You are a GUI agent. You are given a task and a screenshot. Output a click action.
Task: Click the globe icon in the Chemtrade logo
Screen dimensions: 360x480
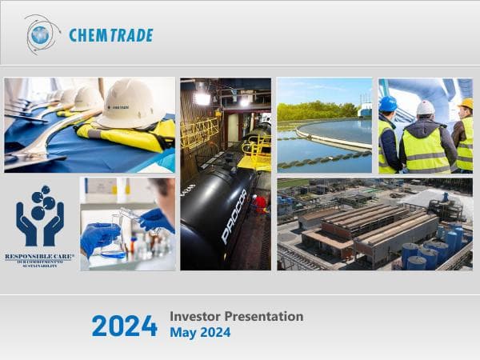[x=40, y=34]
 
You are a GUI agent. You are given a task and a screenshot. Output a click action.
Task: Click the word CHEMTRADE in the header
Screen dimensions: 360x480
[x=110, y=35]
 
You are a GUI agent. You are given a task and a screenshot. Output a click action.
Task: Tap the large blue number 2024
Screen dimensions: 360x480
[x=124, y=326]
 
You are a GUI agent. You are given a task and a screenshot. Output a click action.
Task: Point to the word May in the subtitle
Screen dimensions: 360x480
[x=181, y=333]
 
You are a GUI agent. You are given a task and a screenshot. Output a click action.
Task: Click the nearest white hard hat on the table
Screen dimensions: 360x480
[x=131, y=104]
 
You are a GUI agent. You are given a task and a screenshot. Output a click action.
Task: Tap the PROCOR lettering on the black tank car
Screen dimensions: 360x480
[x=234, y=216]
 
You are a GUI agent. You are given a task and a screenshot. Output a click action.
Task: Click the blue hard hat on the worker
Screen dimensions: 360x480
[x=388, y=104]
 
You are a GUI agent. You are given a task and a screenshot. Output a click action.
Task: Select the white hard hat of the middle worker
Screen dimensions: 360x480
[x=426, y=107]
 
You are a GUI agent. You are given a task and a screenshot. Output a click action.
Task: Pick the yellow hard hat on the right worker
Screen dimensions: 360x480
[x=466, y=104]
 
